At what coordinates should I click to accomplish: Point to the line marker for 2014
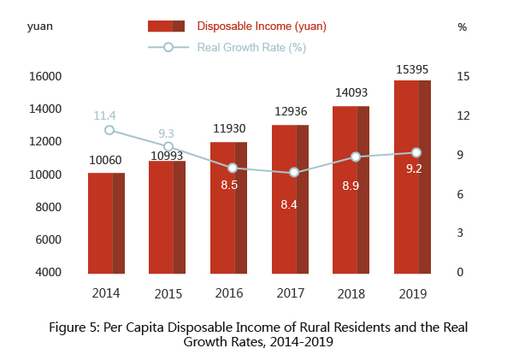[x=109, y=130]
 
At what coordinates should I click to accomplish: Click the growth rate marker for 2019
[x=416, y=152]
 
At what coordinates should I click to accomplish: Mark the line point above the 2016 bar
[x=232, y=168]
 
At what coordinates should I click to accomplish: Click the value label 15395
[x=412, y=66]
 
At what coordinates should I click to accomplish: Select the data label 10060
[x=106, y=159]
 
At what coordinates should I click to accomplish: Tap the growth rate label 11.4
[x=105, y=115]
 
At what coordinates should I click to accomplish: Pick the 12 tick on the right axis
[x=463, y=115]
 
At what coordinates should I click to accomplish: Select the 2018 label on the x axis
[x=351, y=293]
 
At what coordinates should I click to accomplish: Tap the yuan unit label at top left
[x=40, y=27]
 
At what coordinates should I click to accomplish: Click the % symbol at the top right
[x=463, y=27]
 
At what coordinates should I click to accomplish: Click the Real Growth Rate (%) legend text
[x=251, y=47]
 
